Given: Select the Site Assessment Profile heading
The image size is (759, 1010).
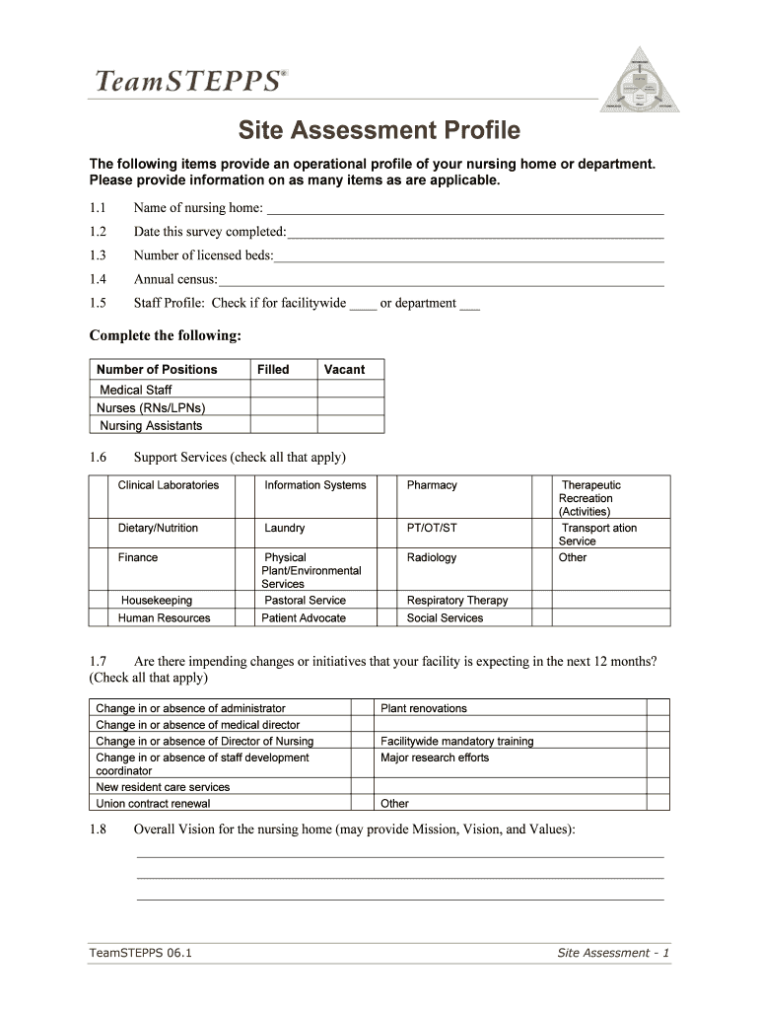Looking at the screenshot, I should pyautogui.click(x=379, y=131).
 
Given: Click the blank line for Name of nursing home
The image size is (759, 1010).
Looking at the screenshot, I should pyautogui.click(x=465, y=208).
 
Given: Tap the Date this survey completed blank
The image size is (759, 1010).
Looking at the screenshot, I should pyautogui.click(x=475, y=232).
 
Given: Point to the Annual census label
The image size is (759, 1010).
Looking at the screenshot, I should pyautogui.click(x=175, y=279).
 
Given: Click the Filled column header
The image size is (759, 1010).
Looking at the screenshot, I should pyautogui.click(x=273, y=370).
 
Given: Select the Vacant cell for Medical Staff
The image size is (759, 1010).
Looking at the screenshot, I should pyautogui.click(x=351, y=390).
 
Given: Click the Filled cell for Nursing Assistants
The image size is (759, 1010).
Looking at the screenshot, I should pyautogui.click(x=284, y=426).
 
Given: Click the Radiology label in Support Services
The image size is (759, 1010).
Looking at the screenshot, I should pyautogui.click(x=432, y=558).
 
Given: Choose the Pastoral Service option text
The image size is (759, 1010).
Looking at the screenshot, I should pyautogui.click(x=305, y=601).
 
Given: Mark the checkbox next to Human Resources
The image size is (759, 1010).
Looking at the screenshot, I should pyautogui.click(x=99, y=618).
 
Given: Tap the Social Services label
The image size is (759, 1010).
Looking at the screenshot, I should pyautogui.click(x=445, y=618).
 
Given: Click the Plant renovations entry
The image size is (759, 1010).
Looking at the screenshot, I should pyautogui.click(x=424, y=709).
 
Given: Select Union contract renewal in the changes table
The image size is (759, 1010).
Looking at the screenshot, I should pyautogui.click(x=153, y=804).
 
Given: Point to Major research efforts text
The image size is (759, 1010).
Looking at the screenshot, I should pyautogui.click(x=435, y=758).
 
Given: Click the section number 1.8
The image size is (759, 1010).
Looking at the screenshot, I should pyautogui.click(x=98, y=830).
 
